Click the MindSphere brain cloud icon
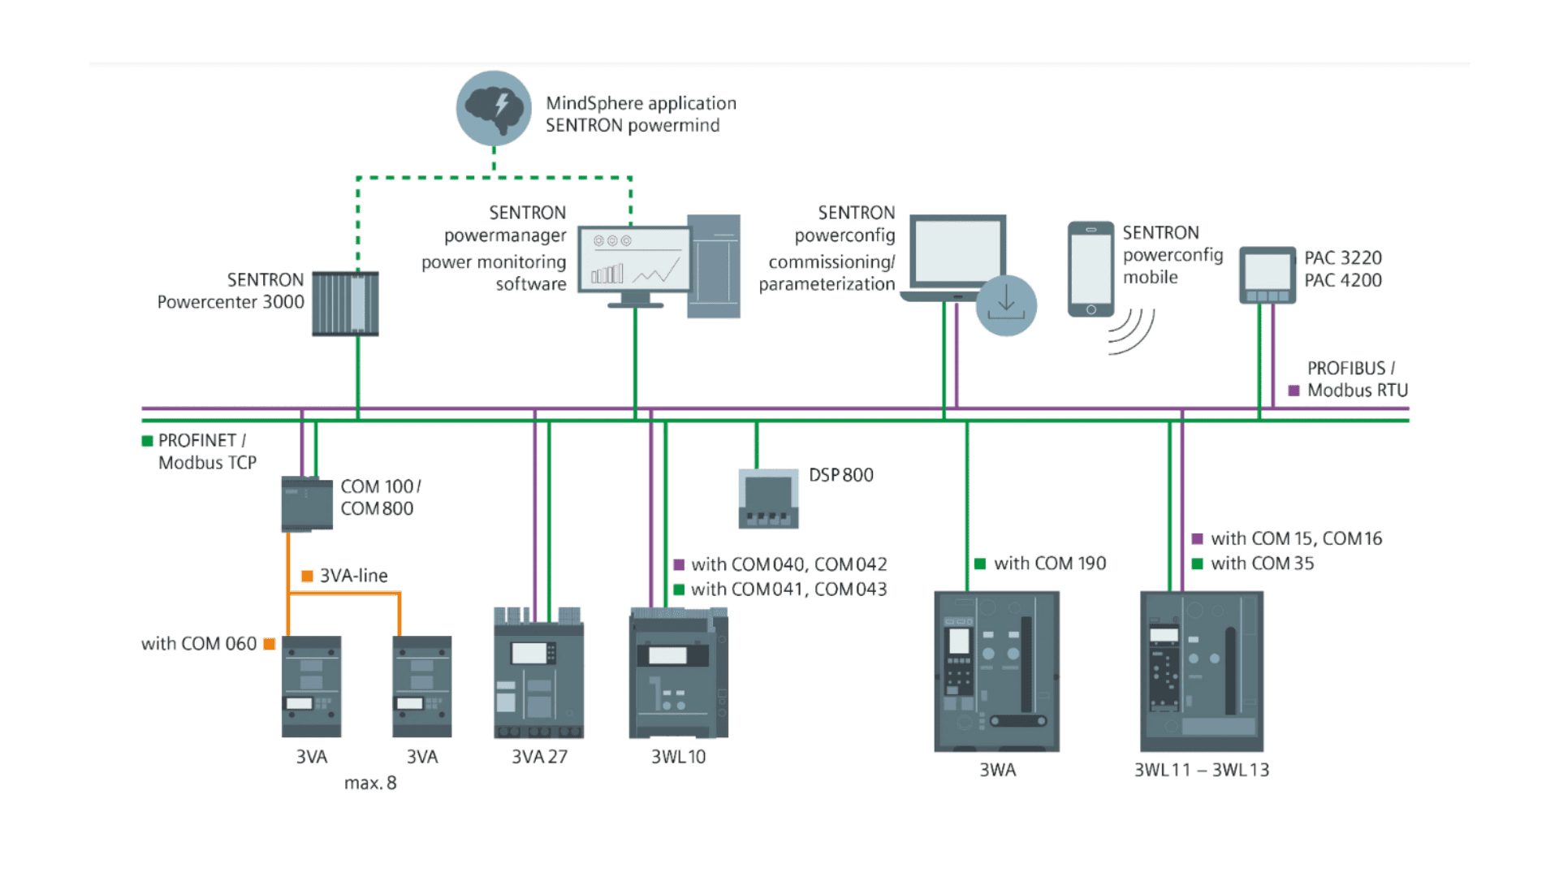tap(494, 108)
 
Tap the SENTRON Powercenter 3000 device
tap(345, 304)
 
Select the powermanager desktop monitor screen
tap(634, 259)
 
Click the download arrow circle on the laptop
tap(1006, 305)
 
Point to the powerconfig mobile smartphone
tap(1090, 269)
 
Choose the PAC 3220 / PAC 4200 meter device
tap(1267, 275)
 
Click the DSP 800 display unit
tap(768, 499)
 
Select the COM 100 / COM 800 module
tap(307, 504)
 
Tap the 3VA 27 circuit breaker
tap(538, 673)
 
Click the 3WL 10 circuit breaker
tap(678, 674)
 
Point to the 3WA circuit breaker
tap(996, 672)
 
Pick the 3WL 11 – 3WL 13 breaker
tap(1202, 672)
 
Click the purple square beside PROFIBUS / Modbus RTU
tap(1293, 391)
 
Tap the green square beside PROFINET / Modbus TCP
tap(148, 441)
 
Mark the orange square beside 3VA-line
tap(307, 576)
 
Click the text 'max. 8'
tap(370, 783)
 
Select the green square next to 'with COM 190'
tap(980, 564)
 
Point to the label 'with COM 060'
tap(199, 644)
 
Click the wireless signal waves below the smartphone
tap(1133, 332)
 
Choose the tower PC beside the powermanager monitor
tap(714, 266)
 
